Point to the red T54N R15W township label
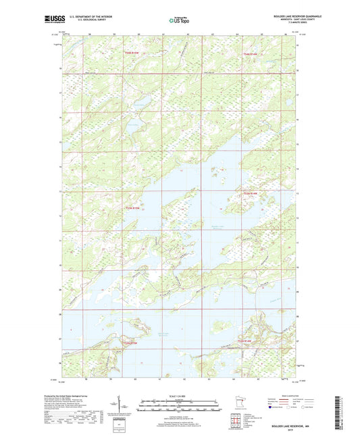[x=134, y=53]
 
